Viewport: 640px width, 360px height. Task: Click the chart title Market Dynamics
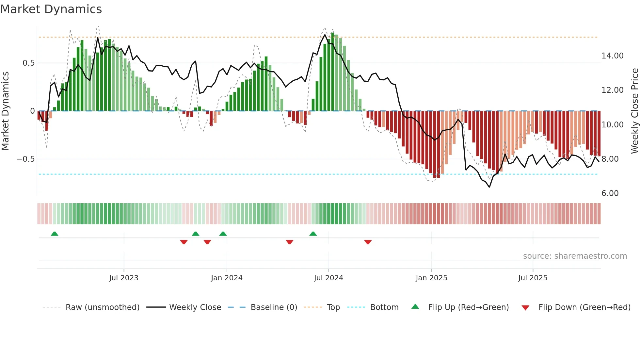coord(51,9)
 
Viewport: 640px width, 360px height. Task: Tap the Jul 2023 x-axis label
coord(124,278)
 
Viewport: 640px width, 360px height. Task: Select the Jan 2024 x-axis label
coord(227,278)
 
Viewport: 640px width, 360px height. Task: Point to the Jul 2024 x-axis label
coord(328,278)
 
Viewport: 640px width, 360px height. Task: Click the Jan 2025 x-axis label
coord(431,278)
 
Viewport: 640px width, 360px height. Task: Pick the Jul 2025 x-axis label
coord(533,278)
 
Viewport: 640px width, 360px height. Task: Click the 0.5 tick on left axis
coord(29,63)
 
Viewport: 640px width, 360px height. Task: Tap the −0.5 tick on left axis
coord(26,159)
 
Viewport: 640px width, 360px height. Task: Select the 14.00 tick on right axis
coord(613,56)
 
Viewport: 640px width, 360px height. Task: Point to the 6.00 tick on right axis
coord(610,193)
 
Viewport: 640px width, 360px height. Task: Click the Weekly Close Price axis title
coord(634,111)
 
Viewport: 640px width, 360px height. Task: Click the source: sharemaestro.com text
coord(575,256)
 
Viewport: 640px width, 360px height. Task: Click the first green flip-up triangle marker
coord(55,234)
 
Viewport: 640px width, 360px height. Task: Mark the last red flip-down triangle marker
coord(368,242)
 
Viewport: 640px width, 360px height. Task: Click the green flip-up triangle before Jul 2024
coord(313,234)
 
